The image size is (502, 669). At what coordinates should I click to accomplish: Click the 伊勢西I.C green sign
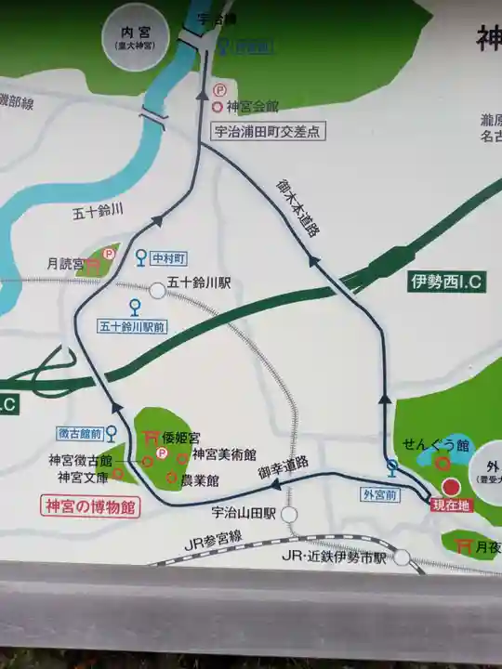(446, 282)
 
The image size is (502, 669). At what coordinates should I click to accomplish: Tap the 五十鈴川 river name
(98, 212)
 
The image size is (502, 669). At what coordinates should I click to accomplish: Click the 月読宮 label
(65, 264)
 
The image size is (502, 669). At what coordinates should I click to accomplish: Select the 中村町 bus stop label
(171, 257)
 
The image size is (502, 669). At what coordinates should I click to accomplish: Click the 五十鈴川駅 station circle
(158, 291)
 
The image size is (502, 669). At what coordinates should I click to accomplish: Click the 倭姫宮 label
(181, 437)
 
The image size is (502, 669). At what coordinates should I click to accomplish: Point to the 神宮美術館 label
(226, 457)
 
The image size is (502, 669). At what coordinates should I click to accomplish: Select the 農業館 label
(199, 480)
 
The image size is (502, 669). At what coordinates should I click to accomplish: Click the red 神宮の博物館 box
(89, 507)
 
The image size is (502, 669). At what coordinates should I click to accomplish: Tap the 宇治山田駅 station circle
(290, 514)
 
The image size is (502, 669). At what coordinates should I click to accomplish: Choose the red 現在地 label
(453, 505)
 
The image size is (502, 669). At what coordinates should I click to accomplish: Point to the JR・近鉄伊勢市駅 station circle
(402, 558)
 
